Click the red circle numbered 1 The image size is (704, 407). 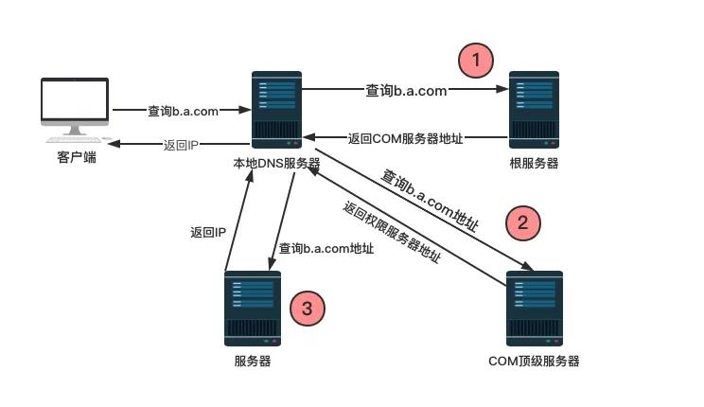[x=476, y=61]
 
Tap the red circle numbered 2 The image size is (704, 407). [x=523, y=223]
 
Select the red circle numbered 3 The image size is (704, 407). [x=308, y=309]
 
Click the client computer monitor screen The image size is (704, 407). [x=75, y=99]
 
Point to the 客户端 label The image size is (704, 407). [x=77, y=157]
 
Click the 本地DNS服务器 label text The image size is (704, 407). [x=276, y=163]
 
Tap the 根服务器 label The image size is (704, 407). [x=534, y=163]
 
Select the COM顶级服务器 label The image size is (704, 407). [x=534, y=362]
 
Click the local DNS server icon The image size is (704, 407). [x=276, y=110]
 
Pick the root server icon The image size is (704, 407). [x=534, y=110]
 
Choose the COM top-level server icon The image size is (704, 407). [x=535, y=309]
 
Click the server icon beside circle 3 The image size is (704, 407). [x=253, y=309]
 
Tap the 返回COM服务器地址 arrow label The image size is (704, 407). [x=405, y=138]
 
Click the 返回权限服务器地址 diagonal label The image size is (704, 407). [x=392, y=232]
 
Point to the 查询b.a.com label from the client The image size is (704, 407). [x=184, y=111]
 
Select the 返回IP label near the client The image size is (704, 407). [x=181, y=145]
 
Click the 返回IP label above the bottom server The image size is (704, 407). [x=208, y=232]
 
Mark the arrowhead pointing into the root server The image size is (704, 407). [x=502, y=89]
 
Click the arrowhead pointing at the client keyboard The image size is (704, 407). [x=114, y=144]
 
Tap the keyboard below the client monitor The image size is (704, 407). [x=74, y=140]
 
